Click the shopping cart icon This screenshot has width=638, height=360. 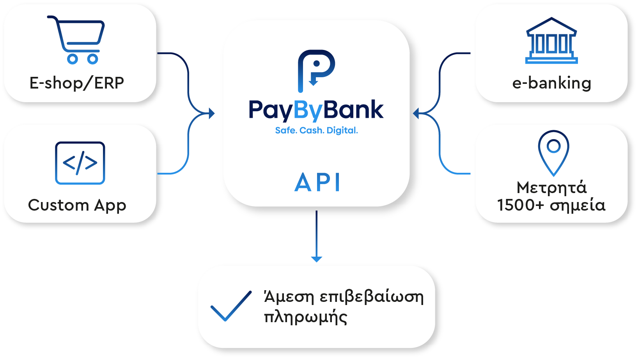click(76, 40)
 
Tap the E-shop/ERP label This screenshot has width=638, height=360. click(77, 83)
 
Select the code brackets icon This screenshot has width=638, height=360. click(80, 163)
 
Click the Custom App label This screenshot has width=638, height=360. click(77, 205)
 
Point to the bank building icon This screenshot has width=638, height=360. click(551, 41)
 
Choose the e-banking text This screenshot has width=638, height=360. click(552, 83)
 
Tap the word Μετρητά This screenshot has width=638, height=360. click(552, 188)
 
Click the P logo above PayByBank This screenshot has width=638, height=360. click(316, 71)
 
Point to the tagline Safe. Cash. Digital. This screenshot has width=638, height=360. click(316, 130)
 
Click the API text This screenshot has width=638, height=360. click(317, 182)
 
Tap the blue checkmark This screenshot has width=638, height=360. click(231, 306)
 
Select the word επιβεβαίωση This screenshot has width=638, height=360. click(372, 297)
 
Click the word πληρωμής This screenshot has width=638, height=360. click(306, 317)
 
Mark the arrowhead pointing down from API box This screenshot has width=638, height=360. click(316, 259)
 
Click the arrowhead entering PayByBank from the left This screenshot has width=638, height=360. click(212, 113)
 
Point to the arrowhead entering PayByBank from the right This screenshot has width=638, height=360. click(416, 113)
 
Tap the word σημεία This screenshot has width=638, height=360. click(578, 206)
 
